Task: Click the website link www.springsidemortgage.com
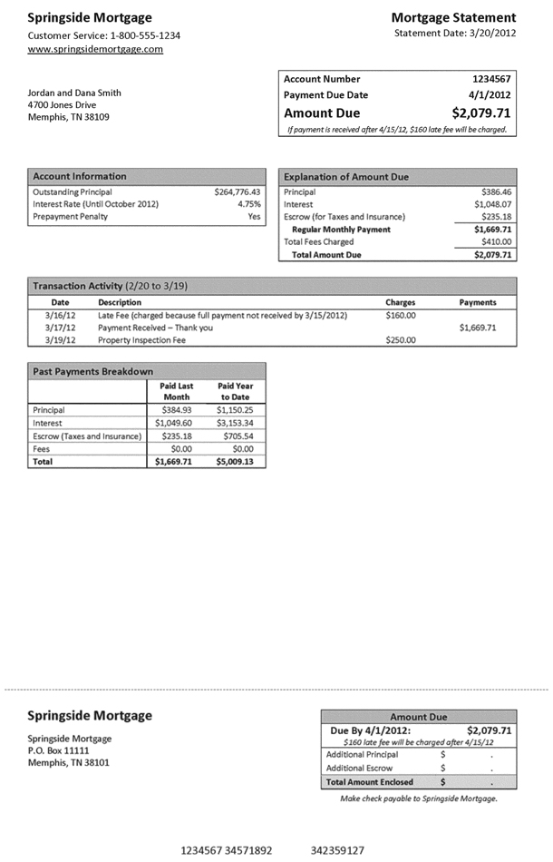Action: [x=95, y=49]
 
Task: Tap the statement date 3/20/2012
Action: [x=455, y=34]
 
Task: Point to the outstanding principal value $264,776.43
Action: [x=238, y=192]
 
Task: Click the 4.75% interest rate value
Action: [x=248, y=204]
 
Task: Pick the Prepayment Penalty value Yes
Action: [x=254, y=217]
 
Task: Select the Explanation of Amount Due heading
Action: [x=345, y=176]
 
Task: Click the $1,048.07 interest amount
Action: [x=490, y=204]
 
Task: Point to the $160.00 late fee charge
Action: [x=400, y=315]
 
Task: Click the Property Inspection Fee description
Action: [x=141, y=340]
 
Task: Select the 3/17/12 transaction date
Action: [x=60, y=328]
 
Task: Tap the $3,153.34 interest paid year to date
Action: [x=235, y=423]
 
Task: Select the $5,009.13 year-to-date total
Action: [x=235, y=461]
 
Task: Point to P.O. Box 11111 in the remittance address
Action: [x=59, y=750]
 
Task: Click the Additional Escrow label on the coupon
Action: [x=359, y=768]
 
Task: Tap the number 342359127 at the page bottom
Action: [x=337, y=850]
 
